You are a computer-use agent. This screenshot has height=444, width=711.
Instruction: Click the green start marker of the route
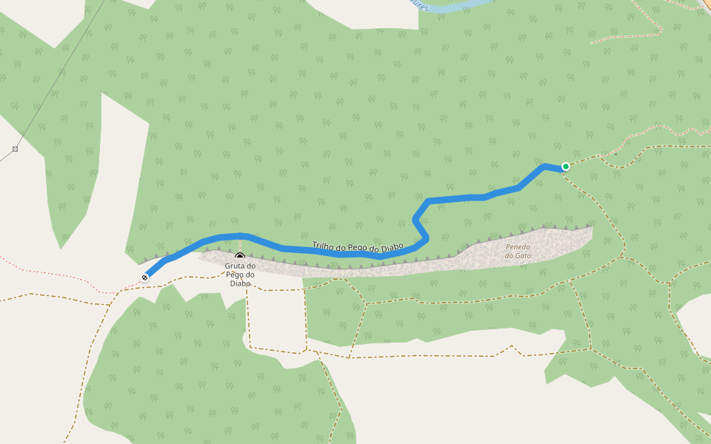coord(566,166)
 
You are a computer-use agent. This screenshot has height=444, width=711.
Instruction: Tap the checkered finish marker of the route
coord(144,277)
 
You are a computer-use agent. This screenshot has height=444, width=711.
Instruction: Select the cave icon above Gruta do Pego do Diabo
coord(240,258)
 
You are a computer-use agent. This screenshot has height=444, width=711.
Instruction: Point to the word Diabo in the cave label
coord(241,283)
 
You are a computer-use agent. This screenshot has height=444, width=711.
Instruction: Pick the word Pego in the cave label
coord(241,275)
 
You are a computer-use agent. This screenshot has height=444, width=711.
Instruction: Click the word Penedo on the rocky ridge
coord(518,247)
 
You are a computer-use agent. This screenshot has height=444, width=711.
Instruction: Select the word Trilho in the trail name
coord(324,245)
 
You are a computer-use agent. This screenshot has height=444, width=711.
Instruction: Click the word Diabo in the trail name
coord(390,246)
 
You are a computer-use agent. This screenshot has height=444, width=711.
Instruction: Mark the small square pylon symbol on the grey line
coord(15,149)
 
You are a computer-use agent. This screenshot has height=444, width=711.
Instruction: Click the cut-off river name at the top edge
coord(418,5)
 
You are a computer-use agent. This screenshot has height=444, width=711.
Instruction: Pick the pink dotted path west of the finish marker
coord(59,275)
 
